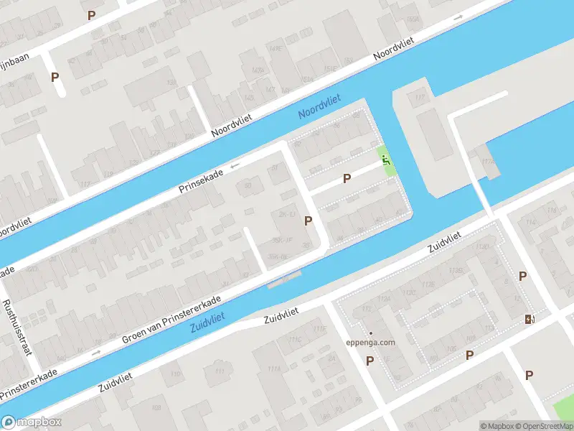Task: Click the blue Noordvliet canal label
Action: click(x=319, y=108)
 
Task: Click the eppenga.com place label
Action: click(x=371, y=343)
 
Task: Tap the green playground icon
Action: click(x=386, y=161)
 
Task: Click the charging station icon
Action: click(x=530, y=319)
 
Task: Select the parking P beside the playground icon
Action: click(x=347, y=178)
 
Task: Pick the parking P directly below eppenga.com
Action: click(x=370, y=361)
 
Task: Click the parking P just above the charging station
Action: click(x=522, y=277)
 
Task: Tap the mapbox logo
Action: click(x=32, y=422)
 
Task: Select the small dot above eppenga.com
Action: click(x=371, y=333)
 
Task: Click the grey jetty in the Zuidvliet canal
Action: click(x=285, y=279)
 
